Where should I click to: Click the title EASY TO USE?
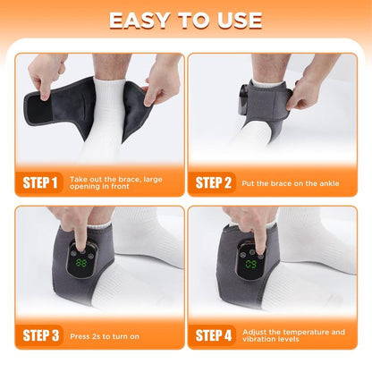[x=186, y=20]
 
